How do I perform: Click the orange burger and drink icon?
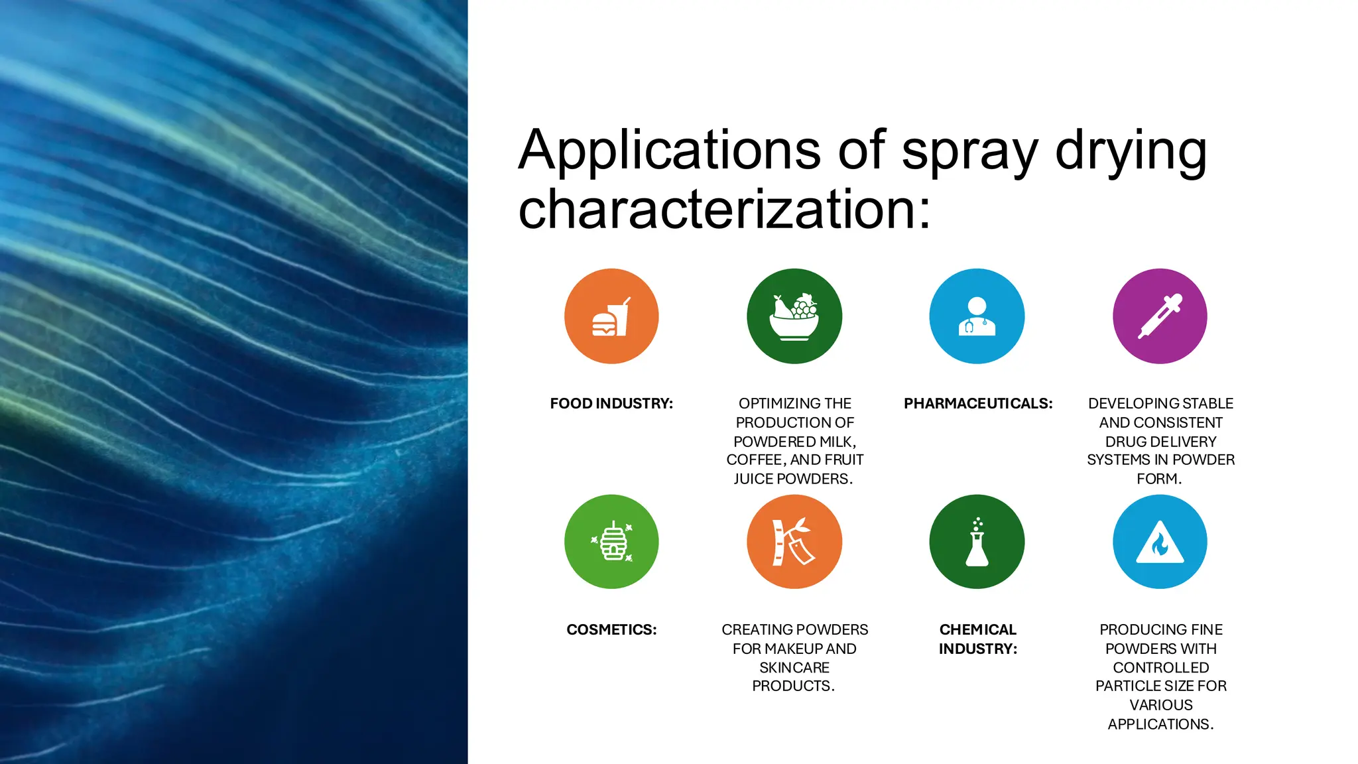point(611,316)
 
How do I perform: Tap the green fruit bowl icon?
point(794,316)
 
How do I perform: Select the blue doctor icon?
point(977,316)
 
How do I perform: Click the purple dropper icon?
point(1160,316)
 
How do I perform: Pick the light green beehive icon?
point(611,542)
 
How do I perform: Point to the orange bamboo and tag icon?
point(794,542)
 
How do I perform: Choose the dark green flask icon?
point(977,542)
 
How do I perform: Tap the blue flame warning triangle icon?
point(1160,542)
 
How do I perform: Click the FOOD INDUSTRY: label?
point(611,403)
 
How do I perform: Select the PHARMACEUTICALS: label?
point(978,403)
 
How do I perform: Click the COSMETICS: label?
point(611,629)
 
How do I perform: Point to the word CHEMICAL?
point(978,629)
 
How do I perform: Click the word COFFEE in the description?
point(755,460)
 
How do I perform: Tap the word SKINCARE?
point(794,667)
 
